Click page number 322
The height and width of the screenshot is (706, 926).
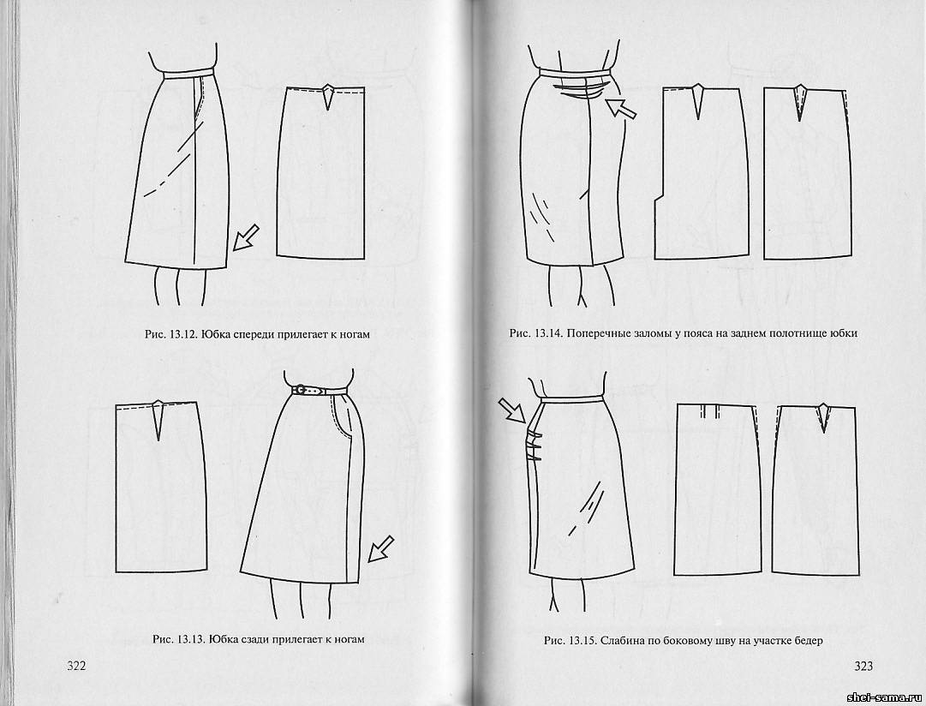(76, 666)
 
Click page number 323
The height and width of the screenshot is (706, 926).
(863, 667)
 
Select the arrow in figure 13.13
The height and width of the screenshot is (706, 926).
(381, 549)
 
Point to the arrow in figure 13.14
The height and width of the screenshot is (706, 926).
(623, 109)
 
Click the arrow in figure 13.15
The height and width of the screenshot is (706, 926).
(511, 410)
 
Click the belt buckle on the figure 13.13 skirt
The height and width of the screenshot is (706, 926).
(301, 390)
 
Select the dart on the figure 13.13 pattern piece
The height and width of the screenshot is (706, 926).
(158, 420)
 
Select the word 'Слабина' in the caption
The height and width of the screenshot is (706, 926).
(620, 640)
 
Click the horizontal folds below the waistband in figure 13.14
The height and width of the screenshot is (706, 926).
(581, 90)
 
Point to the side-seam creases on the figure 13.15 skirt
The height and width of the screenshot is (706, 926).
(535, 446)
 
